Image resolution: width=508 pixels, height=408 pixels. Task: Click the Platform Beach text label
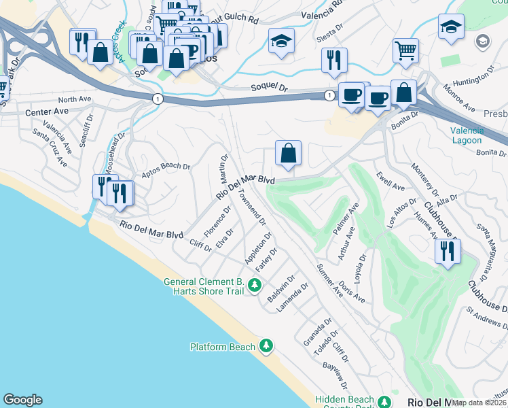click(222, 347)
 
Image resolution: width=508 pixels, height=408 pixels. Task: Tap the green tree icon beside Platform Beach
click(266, 346)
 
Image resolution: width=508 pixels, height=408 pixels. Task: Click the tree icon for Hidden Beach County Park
click(384, 401)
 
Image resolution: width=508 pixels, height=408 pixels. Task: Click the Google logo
click(22, 400)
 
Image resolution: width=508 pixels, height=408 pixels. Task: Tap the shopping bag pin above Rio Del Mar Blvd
click(289, 154)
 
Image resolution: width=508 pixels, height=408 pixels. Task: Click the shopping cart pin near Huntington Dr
click(405, 50)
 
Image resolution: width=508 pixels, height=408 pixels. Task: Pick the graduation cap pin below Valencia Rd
click(281, 41)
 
